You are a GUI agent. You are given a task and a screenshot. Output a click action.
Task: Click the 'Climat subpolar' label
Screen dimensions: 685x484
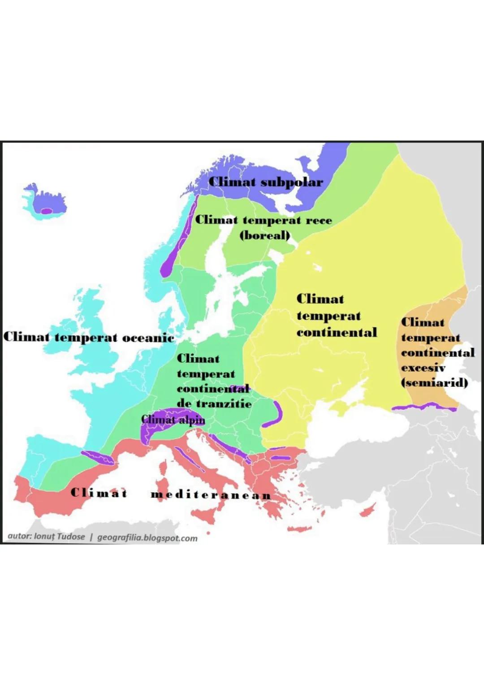click(x=265, y=182)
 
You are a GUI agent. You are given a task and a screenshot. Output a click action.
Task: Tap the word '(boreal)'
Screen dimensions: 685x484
click(x=265, y=235)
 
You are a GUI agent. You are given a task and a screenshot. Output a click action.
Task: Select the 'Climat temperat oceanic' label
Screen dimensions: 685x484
click(x=88, y=337)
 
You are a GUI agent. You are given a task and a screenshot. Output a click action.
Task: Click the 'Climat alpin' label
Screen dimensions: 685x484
click(x=173, y=420)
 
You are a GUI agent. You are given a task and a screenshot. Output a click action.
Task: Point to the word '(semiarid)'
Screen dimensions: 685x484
click(x=434, y=383)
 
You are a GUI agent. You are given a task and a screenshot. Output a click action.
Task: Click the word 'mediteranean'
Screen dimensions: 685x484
click(x=211, y=495)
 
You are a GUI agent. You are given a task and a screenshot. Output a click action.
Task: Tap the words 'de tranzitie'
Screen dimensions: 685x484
click(x=214, y=403)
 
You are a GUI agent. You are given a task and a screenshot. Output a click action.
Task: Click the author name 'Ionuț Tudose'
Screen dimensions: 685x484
click(x=59, y=537)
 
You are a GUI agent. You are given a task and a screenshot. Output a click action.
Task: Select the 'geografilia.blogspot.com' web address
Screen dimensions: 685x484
click(x=147, y=538)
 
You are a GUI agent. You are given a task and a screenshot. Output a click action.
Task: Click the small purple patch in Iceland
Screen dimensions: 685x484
click(x=46, y=211)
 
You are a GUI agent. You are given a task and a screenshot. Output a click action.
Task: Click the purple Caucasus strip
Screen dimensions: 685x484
click(x=423, y=407)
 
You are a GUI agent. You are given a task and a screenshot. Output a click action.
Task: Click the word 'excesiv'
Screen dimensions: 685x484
click(x=423, y=368)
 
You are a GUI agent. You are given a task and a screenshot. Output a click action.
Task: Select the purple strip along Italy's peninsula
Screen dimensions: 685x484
click(x=189, y=460)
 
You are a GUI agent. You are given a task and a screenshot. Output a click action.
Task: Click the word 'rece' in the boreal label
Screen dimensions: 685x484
click(x=319, y=221)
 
